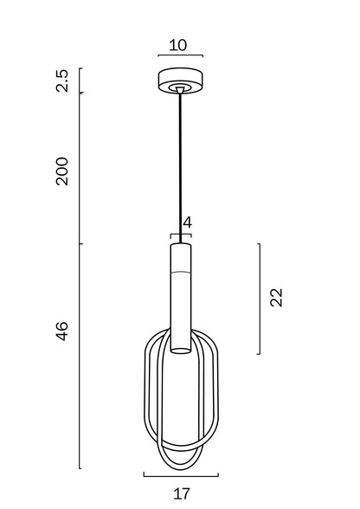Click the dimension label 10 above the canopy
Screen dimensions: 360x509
coord(178,45)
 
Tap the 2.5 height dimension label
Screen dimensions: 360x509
coord(61,81)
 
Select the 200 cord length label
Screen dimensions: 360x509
coord(61,171)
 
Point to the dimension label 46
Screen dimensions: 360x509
coord(61,331)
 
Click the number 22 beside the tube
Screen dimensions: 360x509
coord(276,297)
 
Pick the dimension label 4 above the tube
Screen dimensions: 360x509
coord(187,222)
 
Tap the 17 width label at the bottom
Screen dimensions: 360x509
coord(181,493)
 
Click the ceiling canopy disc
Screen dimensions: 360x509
coord(181,81)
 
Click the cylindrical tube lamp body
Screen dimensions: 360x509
coord(181,298)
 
